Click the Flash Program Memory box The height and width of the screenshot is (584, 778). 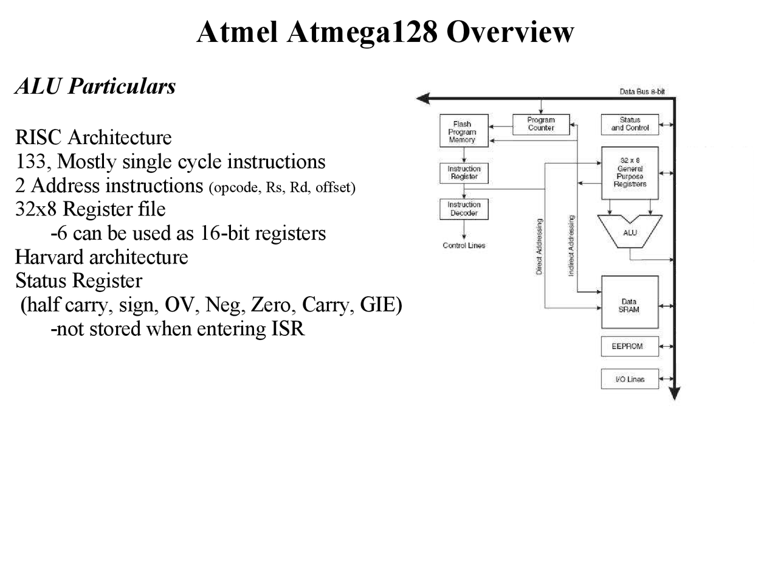click(x=464, y=131)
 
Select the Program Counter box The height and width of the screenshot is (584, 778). click(x=540, y=124)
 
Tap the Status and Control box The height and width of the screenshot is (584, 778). click(x=630, y=124)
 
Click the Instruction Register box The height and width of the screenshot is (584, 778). click(x=464, y=173)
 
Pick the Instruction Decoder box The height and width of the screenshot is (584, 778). click(x=464, y=209)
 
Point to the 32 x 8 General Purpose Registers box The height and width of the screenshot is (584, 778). click(x=630, y=173)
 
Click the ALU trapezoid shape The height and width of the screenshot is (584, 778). click(x=630, y=232)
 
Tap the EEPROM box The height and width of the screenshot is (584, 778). click(x=630, y=346)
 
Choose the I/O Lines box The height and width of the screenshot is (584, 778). click(x=630, y=379)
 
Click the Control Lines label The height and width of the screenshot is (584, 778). click(x=464, y=246)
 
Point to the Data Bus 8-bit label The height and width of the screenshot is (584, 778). click(x=642, y=92)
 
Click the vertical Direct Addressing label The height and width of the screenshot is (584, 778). click(x=539, y=246)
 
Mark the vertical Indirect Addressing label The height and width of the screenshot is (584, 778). click(x=571, y=245)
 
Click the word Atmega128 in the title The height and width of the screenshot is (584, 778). click(x=362, y=32)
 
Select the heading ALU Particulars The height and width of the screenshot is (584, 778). click(x=95, y=86)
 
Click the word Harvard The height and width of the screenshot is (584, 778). click(x=50, y=257)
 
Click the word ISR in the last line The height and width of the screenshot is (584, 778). click(x=288, y=328)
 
